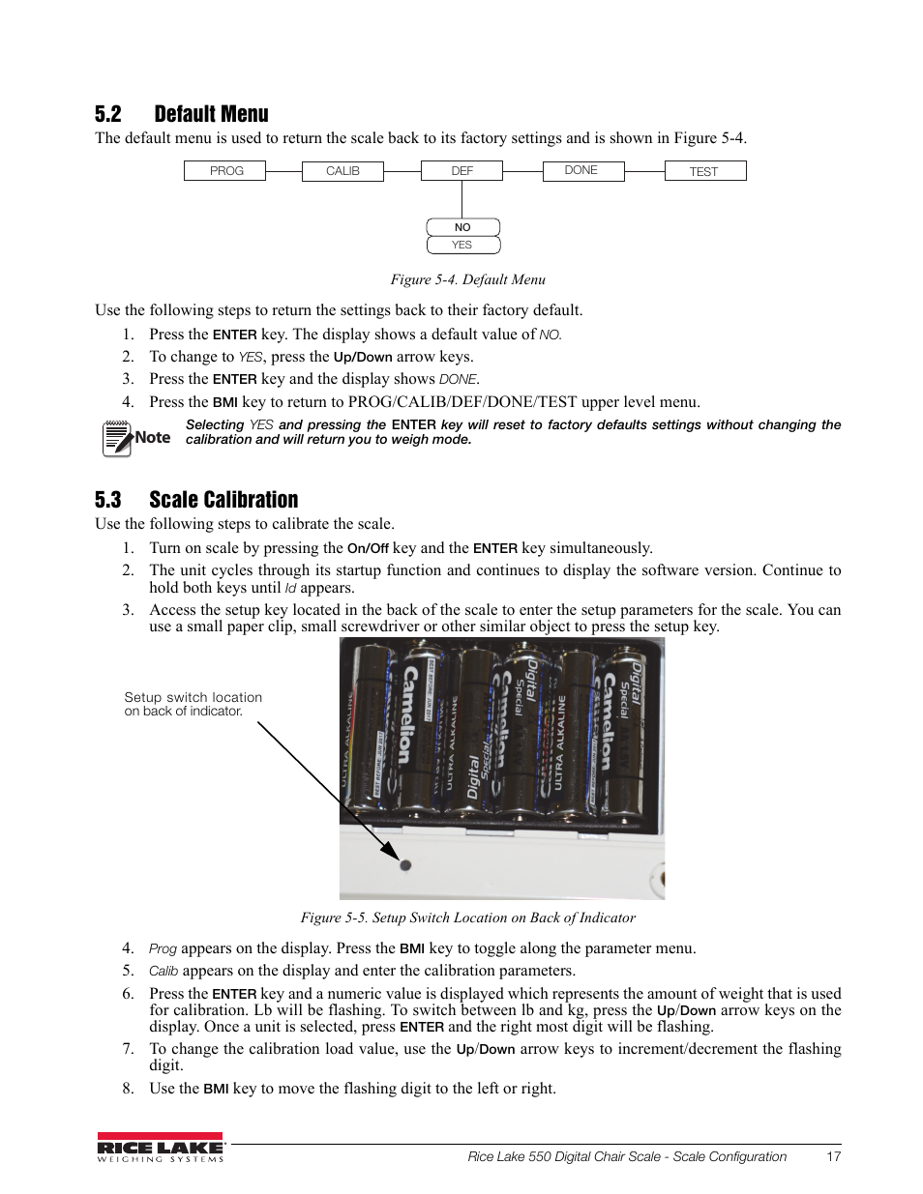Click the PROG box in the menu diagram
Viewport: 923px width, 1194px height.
225,171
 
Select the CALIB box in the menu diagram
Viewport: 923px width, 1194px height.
342,171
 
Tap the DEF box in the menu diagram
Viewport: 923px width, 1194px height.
461,171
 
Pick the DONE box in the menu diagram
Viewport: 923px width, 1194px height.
581,170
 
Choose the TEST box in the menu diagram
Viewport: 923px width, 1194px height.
704,171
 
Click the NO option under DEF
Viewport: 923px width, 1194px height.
462,227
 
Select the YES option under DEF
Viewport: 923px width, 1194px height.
462,245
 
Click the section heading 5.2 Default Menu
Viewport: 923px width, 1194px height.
182,114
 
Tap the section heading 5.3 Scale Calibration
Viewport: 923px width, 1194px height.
196,500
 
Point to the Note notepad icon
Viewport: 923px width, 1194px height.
116,438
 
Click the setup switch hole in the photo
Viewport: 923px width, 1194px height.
405,865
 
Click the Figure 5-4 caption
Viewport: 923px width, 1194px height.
467,279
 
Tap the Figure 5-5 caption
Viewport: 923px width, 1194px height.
467,917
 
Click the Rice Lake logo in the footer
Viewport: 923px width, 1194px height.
161,1148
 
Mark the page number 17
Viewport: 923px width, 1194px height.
833,1156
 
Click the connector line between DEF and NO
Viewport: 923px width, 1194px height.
462,199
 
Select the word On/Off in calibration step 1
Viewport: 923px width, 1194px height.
368,548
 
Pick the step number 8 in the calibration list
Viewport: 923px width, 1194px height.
128,1089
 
